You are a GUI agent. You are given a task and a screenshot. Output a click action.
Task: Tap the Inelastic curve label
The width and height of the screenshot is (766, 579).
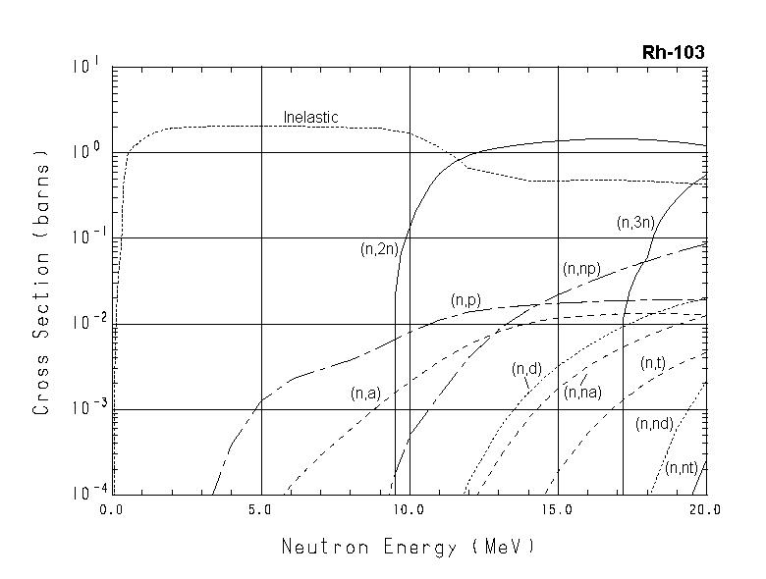[x=310, y=118]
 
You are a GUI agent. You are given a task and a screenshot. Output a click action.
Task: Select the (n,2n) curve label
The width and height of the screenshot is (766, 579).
[x=378, y=249]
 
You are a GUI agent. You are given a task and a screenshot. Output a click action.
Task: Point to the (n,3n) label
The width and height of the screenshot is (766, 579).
[x=635, y=223]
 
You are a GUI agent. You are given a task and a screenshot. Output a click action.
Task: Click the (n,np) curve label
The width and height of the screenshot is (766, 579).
[x=581, y=269]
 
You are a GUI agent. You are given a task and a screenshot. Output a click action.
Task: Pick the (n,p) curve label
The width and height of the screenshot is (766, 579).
[x=465, y=300]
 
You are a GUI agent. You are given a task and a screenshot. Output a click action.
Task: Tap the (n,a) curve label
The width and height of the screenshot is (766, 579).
[x=365, y=394]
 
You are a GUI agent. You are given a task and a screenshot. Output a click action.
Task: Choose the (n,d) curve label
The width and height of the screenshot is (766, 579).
[x=526, y=369]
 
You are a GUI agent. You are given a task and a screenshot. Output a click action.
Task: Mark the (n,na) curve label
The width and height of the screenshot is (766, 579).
[x=582, y=392]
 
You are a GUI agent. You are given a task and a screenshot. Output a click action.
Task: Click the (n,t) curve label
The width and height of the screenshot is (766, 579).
[x=653, y=364]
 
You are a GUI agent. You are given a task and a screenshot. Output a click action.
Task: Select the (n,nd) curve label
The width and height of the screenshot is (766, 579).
[x=653, y=424]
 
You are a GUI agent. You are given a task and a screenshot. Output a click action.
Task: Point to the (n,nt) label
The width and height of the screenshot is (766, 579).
[x=681, y=468]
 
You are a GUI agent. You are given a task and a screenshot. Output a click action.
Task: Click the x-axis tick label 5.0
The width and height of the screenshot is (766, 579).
[x=261, y=510]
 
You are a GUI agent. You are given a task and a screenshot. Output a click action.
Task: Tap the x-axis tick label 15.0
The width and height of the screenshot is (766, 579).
[x=557, y=510]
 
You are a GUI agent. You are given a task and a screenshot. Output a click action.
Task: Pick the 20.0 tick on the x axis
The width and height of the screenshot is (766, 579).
[x=704, y=510]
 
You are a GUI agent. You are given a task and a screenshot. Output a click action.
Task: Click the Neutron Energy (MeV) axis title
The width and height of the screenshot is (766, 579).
[x=409, y=546]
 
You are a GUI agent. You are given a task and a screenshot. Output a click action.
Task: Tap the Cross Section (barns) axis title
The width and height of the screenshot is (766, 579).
[x=41, y=282]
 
